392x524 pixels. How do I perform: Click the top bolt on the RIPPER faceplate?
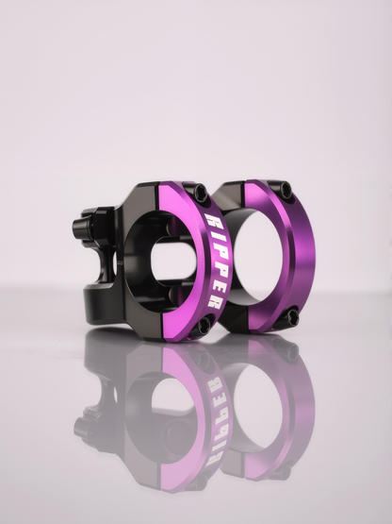click(198, 192)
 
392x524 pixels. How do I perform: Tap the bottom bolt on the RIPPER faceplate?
click(202, 326)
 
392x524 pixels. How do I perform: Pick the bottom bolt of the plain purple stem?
click(290, 316)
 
